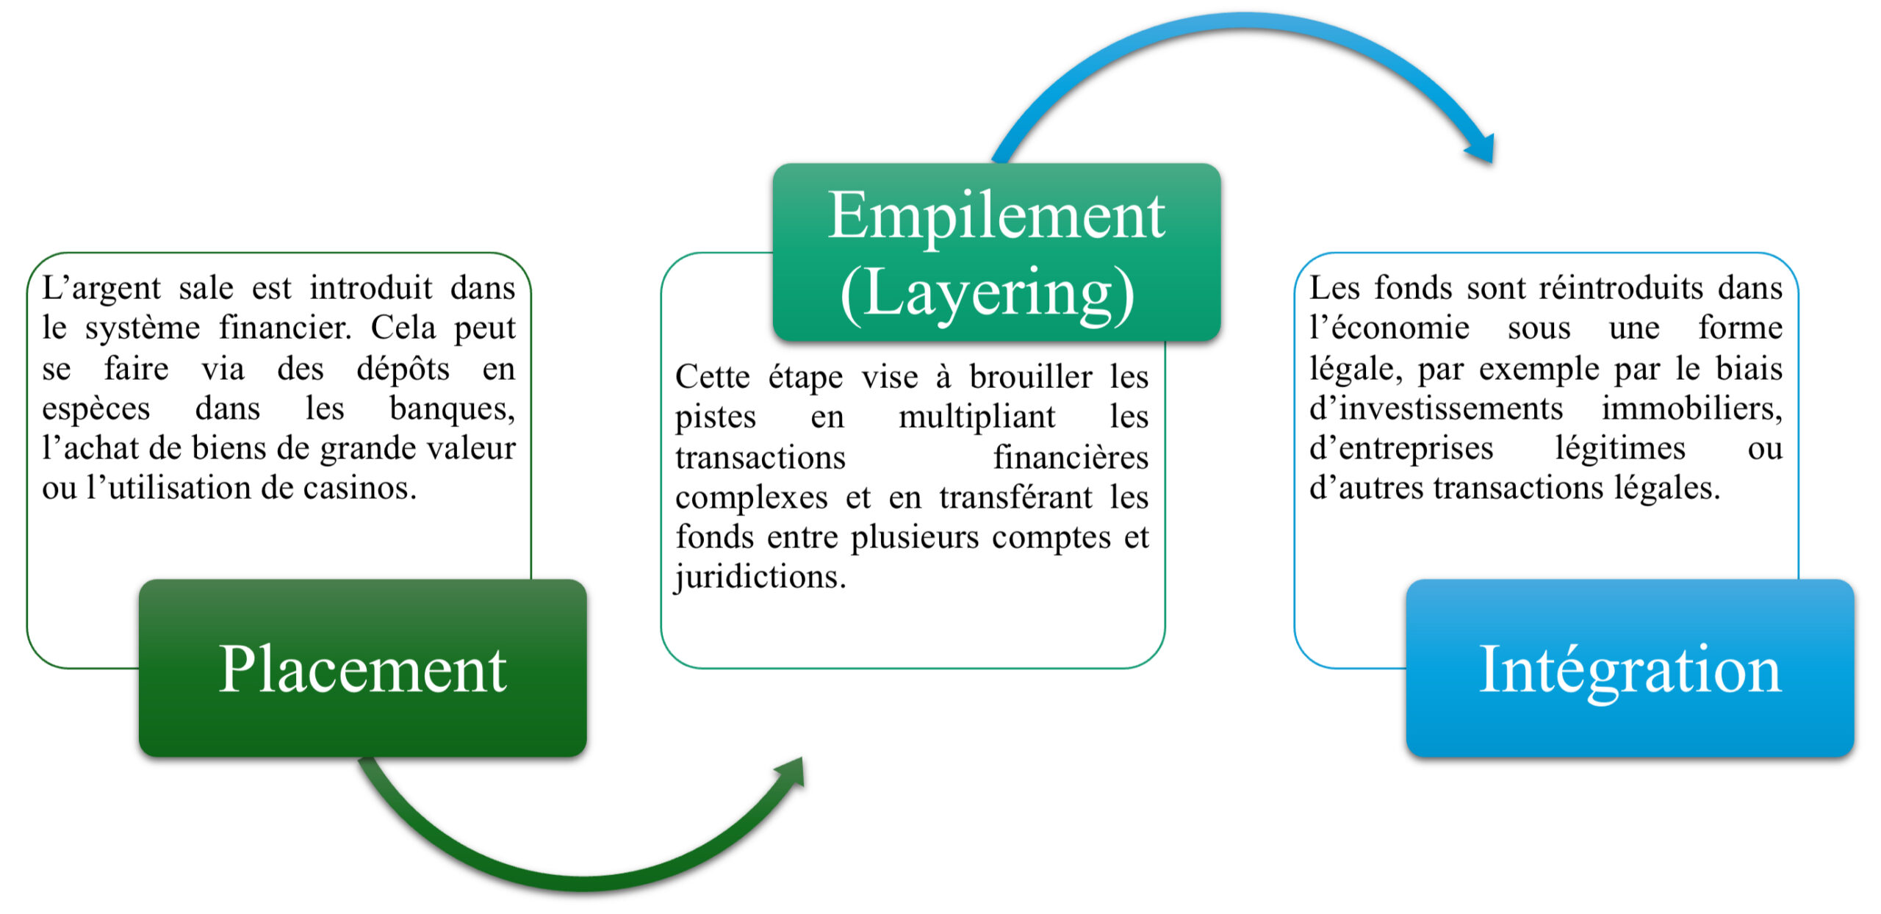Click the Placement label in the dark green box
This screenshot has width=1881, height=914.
coord(363,669)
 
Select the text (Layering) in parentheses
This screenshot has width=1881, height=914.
coord(988,294)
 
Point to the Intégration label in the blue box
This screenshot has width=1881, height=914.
coord(1630,671)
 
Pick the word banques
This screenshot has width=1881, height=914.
coord(453,409)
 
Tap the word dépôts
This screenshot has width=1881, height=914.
coord(403,368)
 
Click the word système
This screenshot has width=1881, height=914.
coord(143,328)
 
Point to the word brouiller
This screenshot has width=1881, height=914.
coord(1031,377)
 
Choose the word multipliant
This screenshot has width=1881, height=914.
coord(977,417)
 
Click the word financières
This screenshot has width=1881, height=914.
coord(1071,457)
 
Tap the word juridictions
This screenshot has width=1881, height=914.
coord(760,577)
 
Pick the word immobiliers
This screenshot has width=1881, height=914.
coord(1692,409)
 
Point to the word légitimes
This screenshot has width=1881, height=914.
coord(1620,448)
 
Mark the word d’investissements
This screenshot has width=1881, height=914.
coord(1436,409)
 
